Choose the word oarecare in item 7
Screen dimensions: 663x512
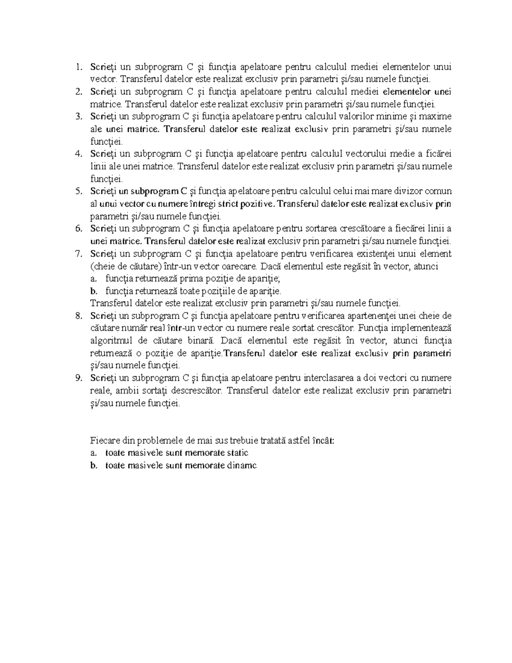239,266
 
